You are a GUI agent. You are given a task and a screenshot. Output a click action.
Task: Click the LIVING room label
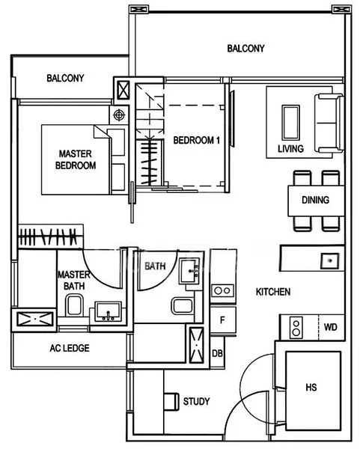[290, 149]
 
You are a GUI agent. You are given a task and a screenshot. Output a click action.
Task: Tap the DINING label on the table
[315, 200]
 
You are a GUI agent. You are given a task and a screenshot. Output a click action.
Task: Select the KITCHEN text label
[273, 292]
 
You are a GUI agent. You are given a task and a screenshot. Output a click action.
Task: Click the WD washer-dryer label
[330, 327]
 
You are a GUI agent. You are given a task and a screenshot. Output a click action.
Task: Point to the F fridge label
[222, 320]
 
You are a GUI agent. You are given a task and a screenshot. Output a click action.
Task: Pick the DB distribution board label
[217, 353]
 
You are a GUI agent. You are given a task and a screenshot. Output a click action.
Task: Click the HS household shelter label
[311, 388]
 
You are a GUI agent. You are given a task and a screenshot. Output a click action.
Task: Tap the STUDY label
[196, 401]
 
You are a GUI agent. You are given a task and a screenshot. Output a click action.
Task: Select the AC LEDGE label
[70, 348]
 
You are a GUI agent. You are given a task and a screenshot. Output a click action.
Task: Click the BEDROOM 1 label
[197, 141]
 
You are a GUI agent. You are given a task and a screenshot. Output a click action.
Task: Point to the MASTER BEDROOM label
[76, 159]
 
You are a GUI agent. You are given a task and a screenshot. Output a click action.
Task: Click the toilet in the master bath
[74, 306]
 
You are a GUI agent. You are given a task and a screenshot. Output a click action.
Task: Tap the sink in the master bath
[109, 311]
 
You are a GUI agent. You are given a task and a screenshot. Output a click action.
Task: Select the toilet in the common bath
[183, 306]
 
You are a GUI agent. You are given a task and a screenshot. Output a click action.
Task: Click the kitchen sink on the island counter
[329, 260]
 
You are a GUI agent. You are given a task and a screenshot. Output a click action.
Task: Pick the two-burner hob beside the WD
[296, 328]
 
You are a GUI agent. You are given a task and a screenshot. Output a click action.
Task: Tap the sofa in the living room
[329, 123]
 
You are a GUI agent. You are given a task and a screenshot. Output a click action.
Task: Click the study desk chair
[171, 402]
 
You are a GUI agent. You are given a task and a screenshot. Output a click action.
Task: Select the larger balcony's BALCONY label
[245, 49]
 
